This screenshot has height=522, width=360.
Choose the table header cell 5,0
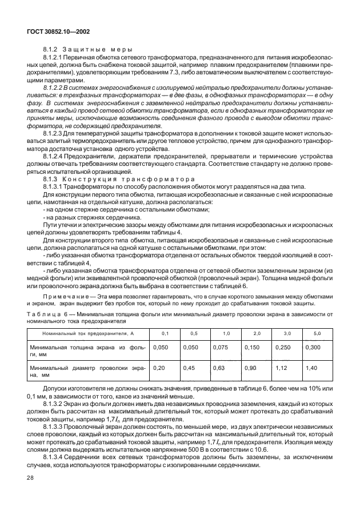(x=317, y=333)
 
